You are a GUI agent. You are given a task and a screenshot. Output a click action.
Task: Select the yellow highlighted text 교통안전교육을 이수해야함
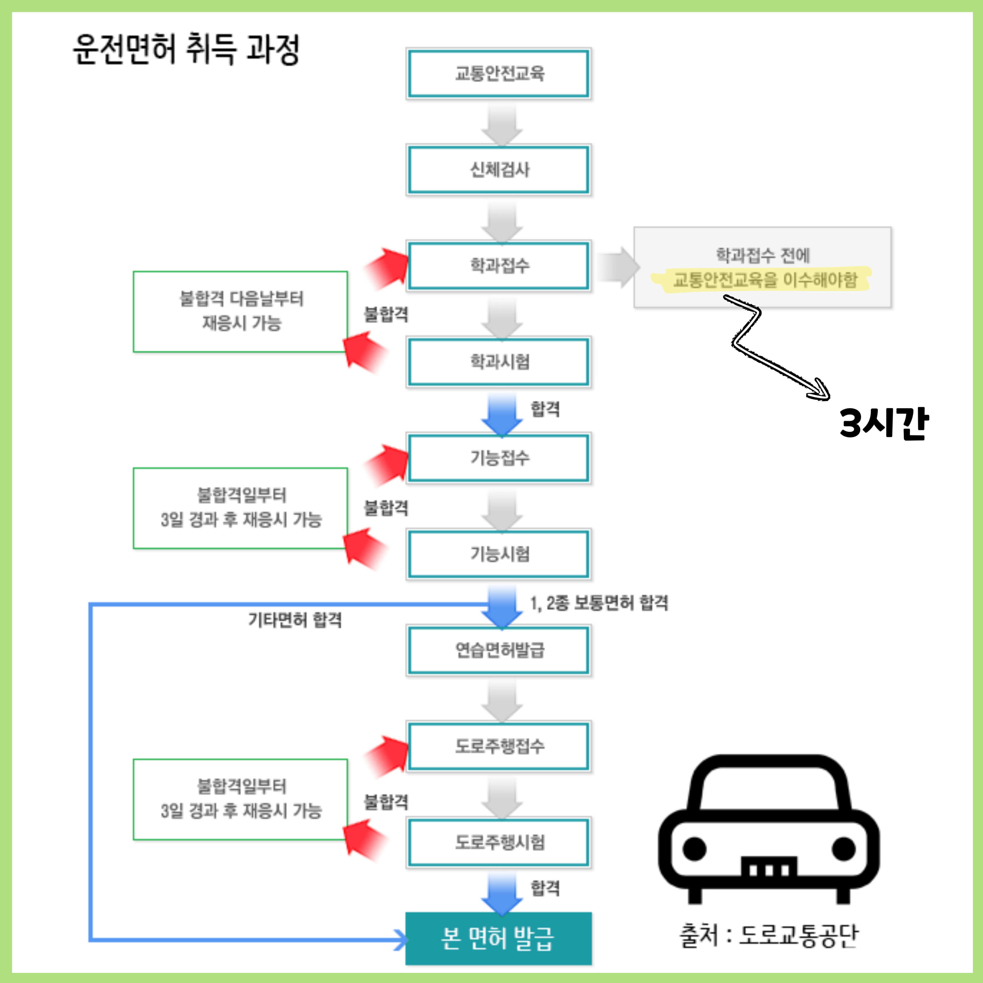(x=765, y=280)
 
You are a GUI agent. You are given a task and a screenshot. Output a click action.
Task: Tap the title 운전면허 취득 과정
(x=186, y=49)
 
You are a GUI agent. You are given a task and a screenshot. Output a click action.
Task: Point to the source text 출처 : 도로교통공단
(x=768, y=935)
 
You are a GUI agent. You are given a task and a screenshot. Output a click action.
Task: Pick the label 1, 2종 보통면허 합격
(x=599, y=603)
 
